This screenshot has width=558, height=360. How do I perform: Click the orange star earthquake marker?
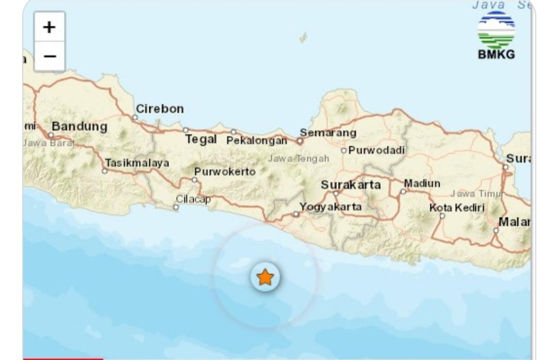point(265,277)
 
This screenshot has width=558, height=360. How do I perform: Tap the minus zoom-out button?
point(50,56)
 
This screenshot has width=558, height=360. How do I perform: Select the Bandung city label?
point(80,127)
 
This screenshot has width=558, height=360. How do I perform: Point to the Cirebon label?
point(160,109)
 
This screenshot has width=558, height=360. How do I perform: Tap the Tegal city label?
point(200,139)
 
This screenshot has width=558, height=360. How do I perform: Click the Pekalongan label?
point(257,140)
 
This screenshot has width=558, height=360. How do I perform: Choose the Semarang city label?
point(328,133)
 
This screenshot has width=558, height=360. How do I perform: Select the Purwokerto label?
point(225,171)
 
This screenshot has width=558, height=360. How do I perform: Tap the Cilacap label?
point(193,199)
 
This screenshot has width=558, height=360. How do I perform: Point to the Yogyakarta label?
point(331,207)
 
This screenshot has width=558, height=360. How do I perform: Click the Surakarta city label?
point(351,184)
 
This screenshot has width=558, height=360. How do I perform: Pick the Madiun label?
point(422,183)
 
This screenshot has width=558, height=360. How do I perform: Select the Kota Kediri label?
point(457,208)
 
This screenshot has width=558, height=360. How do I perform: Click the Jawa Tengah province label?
point(298,159)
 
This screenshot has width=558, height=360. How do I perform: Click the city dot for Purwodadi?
point(344,151)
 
